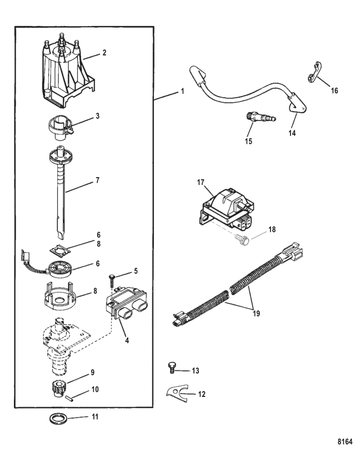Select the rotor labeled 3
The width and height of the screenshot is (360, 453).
coord(60,127)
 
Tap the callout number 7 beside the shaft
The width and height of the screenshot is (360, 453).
coord(97,180)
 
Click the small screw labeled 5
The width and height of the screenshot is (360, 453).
coord(112,280)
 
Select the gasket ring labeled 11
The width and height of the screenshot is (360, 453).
coord(59,418)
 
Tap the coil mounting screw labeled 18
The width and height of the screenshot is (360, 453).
coord(242,240)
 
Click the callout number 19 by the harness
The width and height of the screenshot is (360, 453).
coord(256,314)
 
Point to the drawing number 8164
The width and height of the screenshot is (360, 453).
coord(345,442)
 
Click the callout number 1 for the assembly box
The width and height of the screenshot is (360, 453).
coord(182,91)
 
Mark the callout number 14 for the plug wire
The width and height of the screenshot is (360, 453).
coord(292,133)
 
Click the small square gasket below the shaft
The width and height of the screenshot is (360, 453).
coord(60,249)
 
